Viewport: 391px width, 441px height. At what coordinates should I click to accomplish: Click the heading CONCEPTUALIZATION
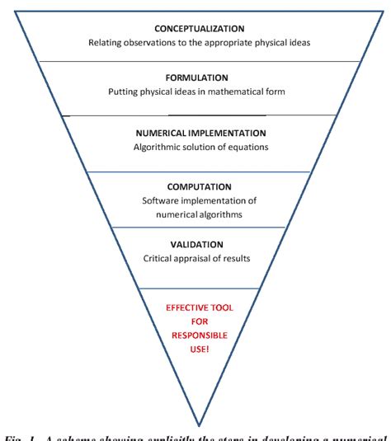(x=196, y=26)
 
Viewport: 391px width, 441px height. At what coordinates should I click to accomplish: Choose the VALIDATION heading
(x=196, y=246)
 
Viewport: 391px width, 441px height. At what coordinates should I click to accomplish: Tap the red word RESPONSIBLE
(x=197, y=337)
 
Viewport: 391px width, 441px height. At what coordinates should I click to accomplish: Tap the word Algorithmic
(x=157, y=148)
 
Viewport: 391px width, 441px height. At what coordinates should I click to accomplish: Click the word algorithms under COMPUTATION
(x=223, y=215)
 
